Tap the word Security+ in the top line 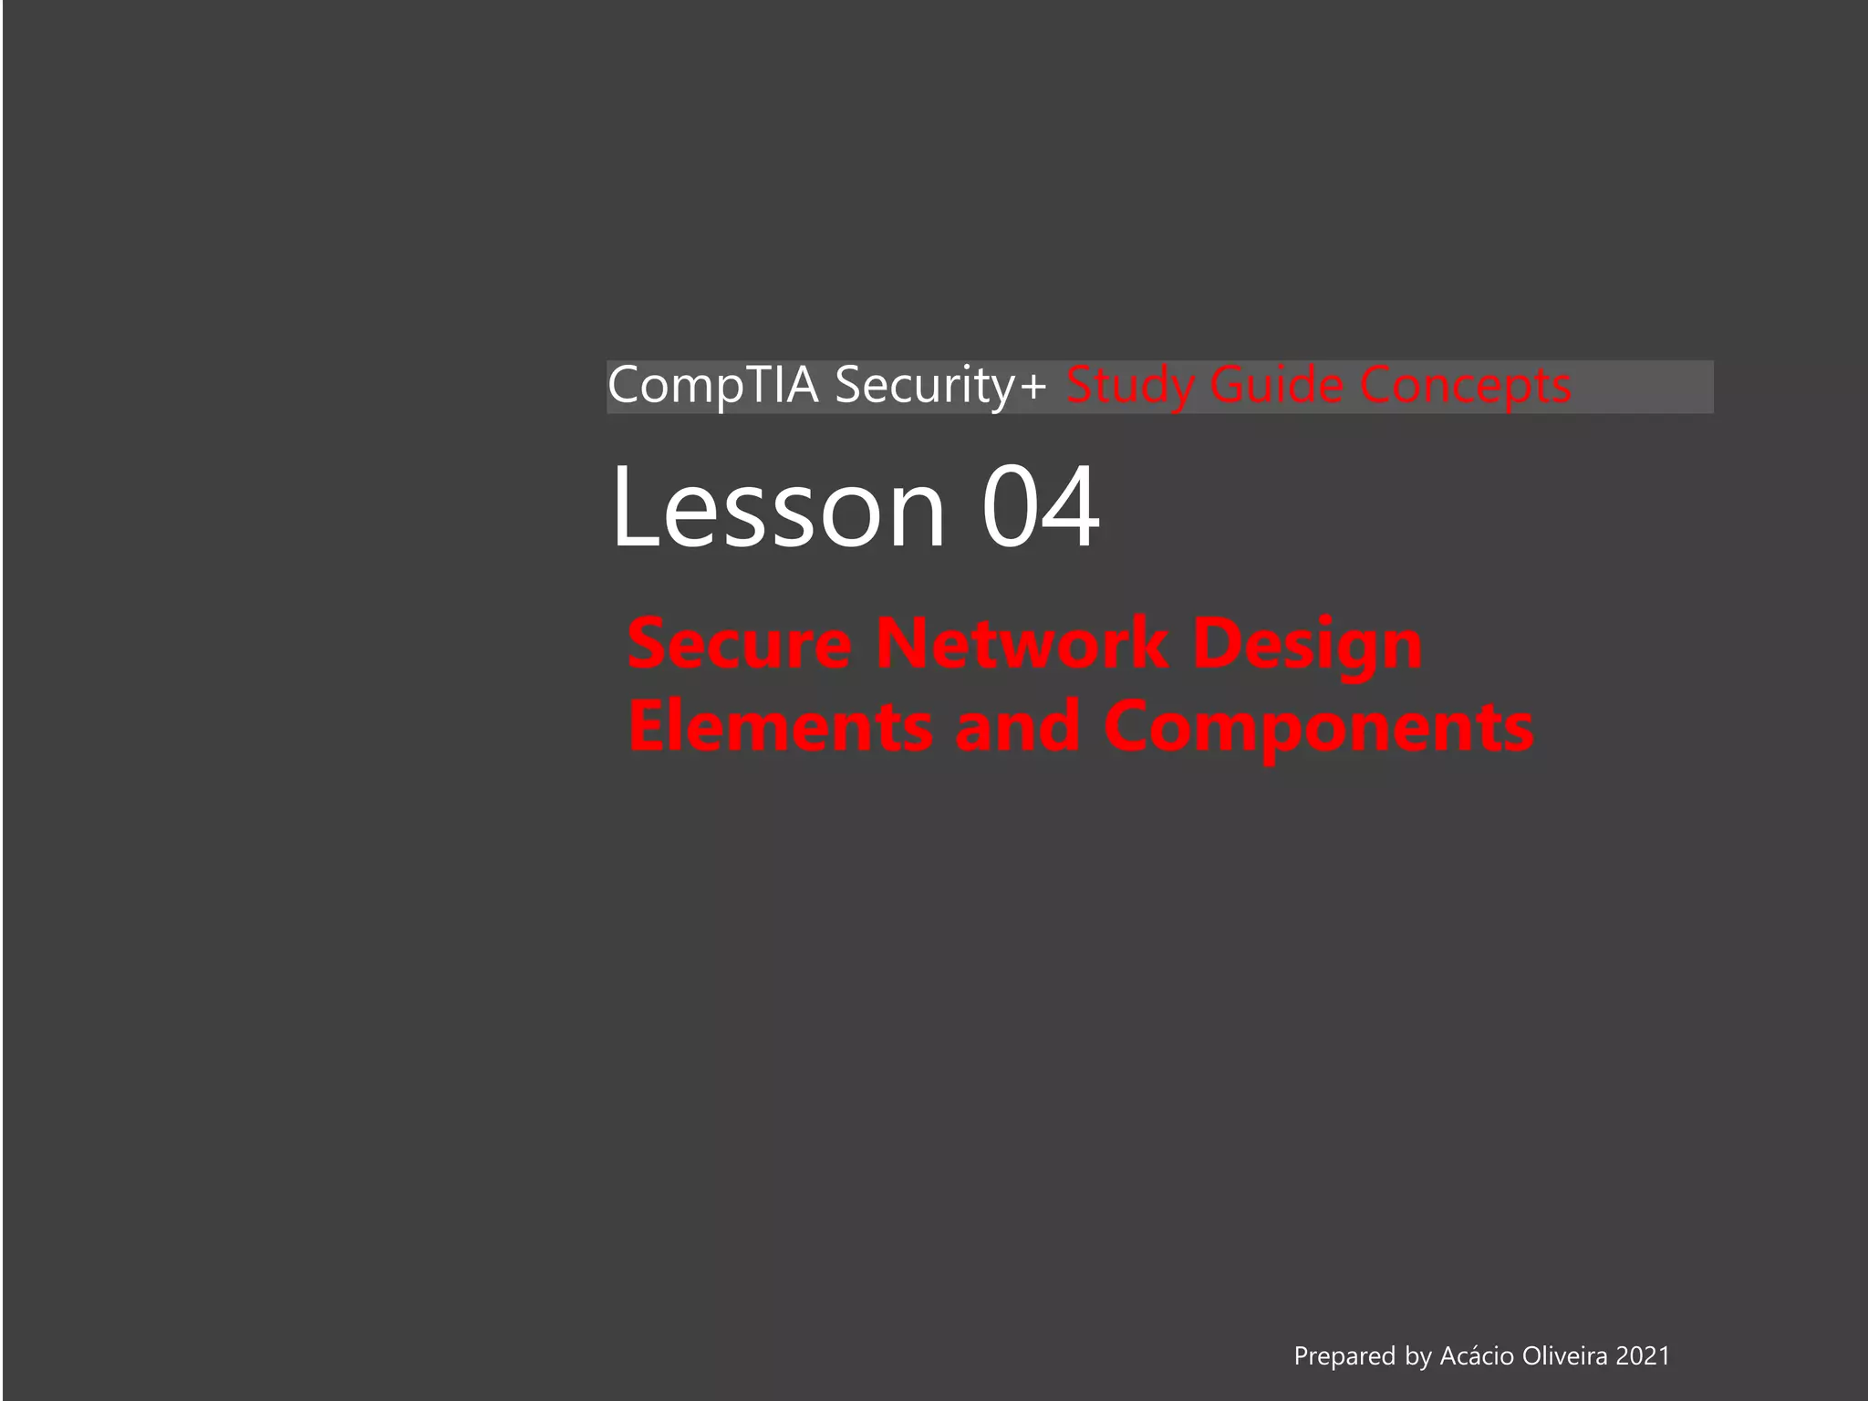pos(940,386)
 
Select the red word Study pos(1130,386)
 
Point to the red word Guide pos(1276,386)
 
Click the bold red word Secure pos(740,644)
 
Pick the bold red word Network pos(1022,644)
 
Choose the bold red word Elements pos(781,727)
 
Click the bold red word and pos(1018,727)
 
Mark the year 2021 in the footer pos(1643,1355)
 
